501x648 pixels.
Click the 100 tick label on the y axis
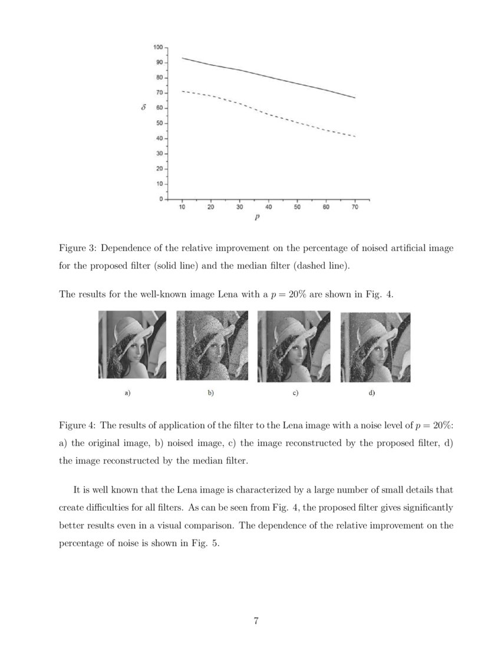(158, 47)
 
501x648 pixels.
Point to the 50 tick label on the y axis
(159, 124)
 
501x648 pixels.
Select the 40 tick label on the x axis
(268, 207)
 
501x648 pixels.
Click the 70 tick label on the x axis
(355, 207)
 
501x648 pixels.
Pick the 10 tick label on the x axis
(182, 207)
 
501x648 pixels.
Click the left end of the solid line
(183, 58)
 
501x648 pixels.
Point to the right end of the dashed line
(355, 136)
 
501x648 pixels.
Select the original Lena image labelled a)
(132, 345)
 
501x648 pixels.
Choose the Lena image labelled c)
(292, 346)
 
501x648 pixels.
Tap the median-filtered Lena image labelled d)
(375, 347)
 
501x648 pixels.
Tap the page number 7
(256, 620)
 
